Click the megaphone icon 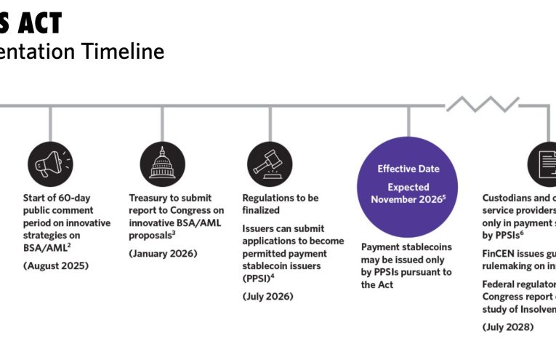pyautogui.click(x=50, y=164)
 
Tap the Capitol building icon pyautogui.click(x=162, y=164)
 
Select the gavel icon pyautogui.click(x=270, y=164)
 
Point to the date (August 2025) pyautogui.click(x=56, y=266)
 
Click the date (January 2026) pyautogui.click(x=163, y=253)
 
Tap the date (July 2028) pyautogui.click(x=508, y=327)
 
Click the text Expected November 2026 pyautogui.click(x=408, y=193)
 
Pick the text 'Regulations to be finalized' pyautogui.click(x=280, y=204)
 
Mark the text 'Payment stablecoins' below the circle pyautogui.click(x=406, y=247)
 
